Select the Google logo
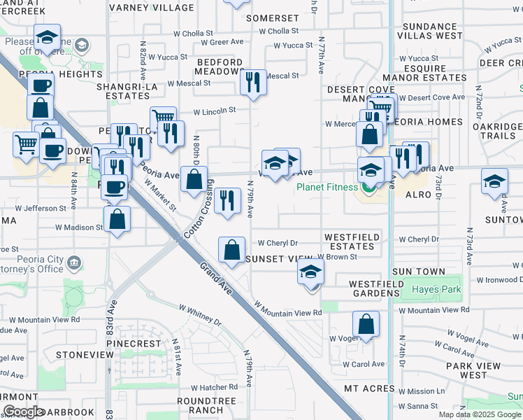tap(24, 411)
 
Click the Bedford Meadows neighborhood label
tap(217, 66)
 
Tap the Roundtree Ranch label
tap(200, 405)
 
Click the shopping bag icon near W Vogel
tap(366, 325)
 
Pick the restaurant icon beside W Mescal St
tap(252, 83)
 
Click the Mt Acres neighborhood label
tap(370, 388)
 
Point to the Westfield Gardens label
tap(364, 288)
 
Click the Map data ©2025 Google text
tap(480, 414)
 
